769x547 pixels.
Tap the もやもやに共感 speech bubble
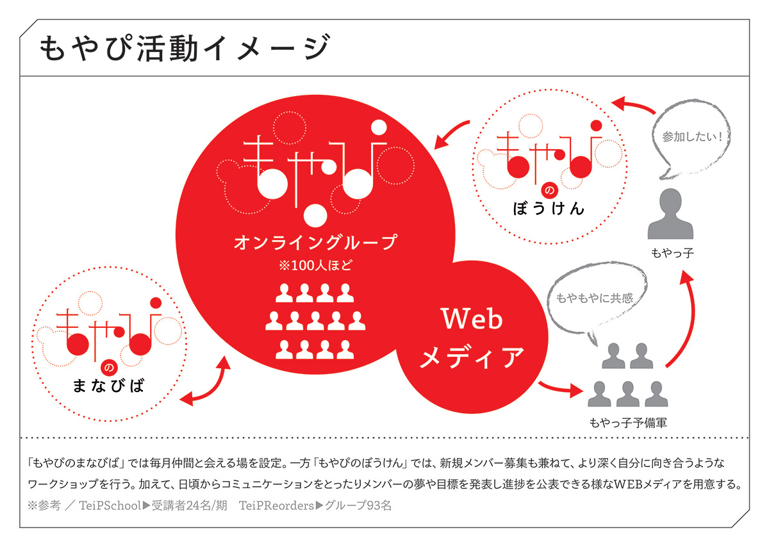593,298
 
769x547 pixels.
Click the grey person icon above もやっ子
672,215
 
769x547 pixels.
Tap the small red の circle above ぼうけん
549,190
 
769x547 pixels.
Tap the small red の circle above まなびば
108,368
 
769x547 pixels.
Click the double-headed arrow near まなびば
206,382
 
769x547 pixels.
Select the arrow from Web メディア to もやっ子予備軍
559,388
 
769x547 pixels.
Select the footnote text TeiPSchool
110,505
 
